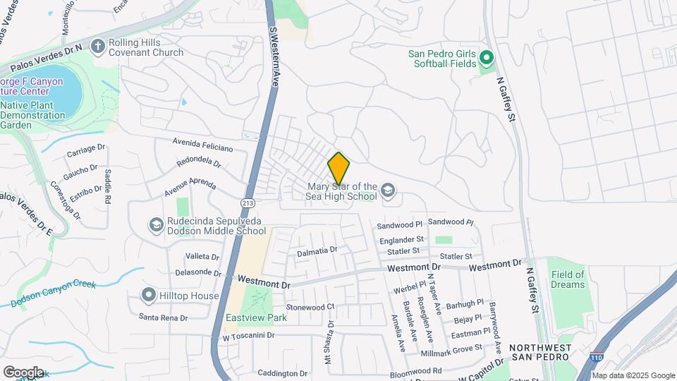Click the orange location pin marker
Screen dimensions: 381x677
339,169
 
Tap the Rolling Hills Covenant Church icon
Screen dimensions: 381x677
97,46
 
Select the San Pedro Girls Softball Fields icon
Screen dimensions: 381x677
485,56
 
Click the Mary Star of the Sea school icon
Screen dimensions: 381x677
388,190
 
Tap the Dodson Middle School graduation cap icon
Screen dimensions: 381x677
155,225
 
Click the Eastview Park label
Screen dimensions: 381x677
256,318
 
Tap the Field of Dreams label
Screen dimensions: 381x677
568,279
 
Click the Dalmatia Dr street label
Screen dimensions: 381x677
317,250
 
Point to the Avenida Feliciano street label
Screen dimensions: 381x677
202,145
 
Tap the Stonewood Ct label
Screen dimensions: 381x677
310,307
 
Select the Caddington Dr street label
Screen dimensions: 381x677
283,373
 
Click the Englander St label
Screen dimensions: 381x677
401,240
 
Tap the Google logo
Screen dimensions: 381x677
23,372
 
